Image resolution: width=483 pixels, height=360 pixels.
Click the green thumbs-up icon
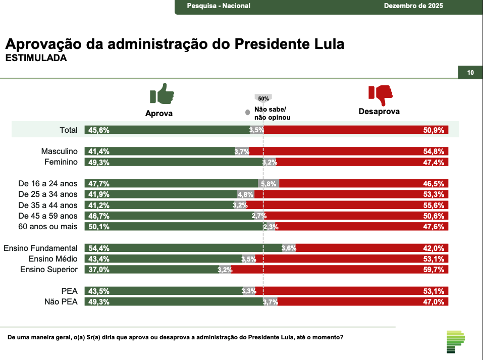point(162,94)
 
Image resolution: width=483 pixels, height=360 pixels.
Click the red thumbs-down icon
point(380,94)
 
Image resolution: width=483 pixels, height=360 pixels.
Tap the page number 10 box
point(470,73)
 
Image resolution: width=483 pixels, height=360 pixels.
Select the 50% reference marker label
point(263,98)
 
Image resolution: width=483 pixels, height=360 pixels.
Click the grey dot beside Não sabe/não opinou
point(247,113)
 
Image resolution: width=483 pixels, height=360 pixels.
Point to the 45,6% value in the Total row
point(99,130)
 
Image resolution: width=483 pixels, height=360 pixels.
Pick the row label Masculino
point(59,151)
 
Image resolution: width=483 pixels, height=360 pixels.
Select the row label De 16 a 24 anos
point(48,183)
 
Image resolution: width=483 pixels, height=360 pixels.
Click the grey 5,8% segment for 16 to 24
point(269,184)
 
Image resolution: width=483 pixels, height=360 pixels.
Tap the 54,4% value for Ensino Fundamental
point(99,248)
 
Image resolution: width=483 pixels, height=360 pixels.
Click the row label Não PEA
point(62,302)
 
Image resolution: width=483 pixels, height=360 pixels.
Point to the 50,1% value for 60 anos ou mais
point(99,227)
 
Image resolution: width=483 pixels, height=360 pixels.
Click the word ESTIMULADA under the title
point(36,58)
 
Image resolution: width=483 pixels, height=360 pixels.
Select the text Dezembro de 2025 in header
point(413,6)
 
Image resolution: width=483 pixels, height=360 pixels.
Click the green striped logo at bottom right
point(455,342)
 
